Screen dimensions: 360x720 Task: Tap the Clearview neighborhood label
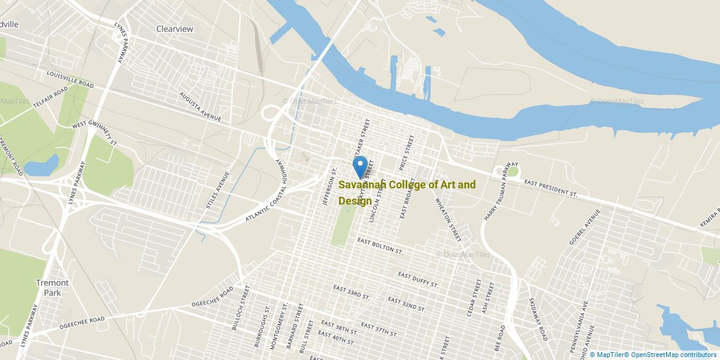(175, 29)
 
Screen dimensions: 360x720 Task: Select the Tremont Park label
(53, 287)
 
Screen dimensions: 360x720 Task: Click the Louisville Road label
(71, 79)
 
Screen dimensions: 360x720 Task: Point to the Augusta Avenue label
(200, 107)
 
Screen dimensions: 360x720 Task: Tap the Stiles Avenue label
(217, 190)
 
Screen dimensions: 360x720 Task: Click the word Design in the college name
(355, 200)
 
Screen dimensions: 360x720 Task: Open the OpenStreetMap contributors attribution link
(673, 355)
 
